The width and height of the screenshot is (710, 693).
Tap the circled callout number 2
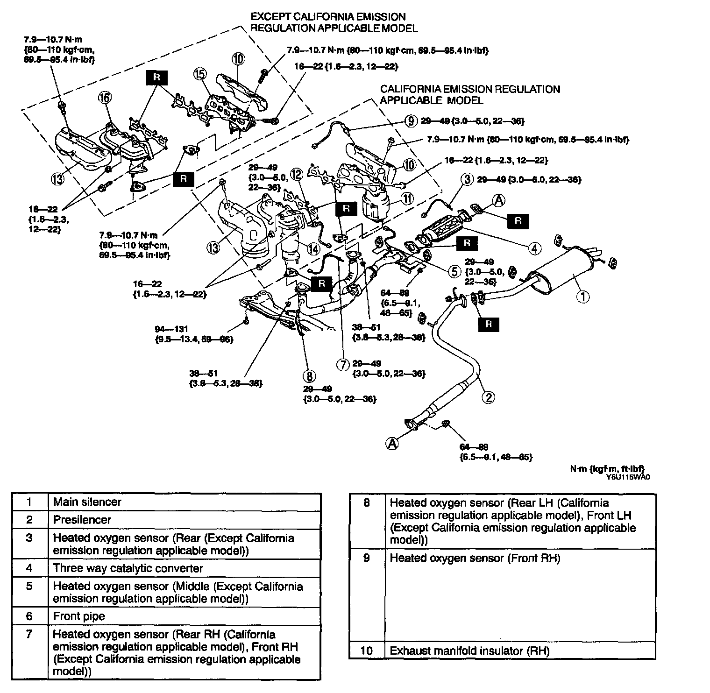coord(488,397)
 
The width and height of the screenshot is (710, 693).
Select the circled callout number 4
coord(535,248)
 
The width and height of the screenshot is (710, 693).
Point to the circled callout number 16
coord(105,98)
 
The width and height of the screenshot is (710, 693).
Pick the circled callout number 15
coord(200,74)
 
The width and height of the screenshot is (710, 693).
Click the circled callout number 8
coord(309,375)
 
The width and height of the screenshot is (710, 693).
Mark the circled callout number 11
coord(408,198)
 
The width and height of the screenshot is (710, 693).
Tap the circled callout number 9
coord(411,121)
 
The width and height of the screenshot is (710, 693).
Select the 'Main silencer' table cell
coord(87,502)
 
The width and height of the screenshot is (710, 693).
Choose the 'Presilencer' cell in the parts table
coord(82,520)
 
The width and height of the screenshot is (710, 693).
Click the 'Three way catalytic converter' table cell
coord(128,568)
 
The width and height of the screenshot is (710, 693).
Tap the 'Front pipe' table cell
coord(79,616)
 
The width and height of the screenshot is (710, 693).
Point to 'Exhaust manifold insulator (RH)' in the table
coord(469,651)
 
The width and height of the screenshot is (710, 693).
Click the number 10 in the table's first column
coord(367,651)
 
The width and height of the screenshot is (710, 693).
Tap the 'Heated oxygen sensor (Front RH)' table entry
coord(475,558)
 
